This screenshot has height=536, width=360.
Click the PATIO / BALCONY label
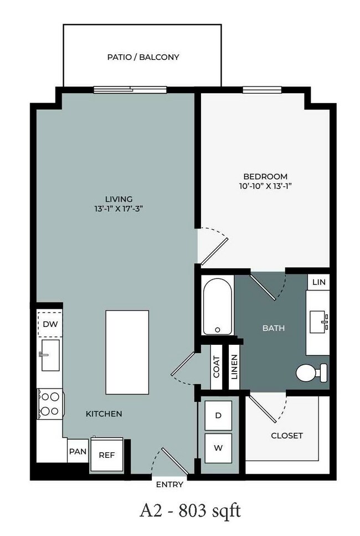[x=143, y=57]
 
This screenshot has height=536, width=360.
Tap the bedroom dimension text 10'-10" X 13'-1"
[x=265, y=186]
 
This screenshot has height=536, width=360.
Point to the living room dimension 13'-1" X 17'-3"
[x=119, y=208]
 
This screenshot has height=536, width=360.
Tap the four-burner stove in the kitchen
[x=50, y=404]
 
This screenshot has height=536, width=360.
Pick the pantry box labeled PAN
[x=78, y=451]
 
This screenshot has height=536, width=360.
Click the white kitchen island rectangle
[x=127, y=353]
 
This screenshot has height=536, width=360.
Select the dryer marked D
[x=218, y=415]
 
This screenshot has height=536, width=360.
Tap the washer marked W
[x=218, y=448]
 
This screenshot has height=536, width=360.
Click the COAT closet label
[x=217, y=367]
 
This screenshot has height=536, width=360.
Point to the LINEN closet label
[x=234, y=367]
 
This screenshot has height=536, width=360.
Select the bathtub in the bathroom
[x=218, y=305]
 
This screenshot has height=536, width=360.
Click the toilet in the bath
[x=311, y=372]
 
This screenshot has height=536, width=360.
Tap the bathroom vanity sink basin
[x=318, y=321]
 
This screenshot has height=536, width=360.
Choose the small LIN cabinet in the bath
[x=318, y=282]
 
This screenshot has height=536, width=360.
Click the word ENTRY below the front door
[x=169, y=484]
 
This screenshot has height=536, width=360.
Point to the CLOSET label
[x=287, y=436]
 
